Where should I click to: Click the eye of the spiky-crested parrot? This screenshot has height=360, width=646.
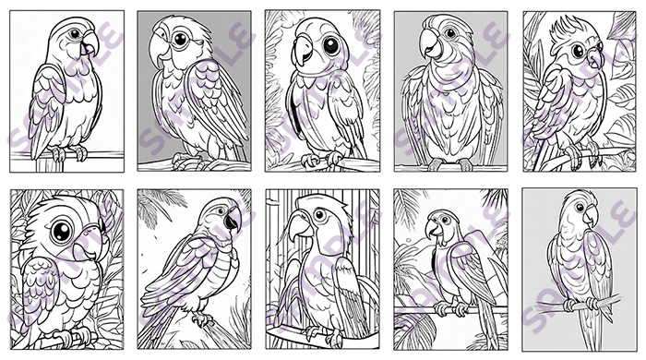(x=578, y=51)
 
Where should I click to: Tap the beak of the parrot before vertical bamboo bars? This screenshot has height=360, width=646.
(x=300, y=229)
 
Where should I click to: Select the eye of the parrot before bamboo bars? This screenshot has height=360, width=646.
(x=319, y=214)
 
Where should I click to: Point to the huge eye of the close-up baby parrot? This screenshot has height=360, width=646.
(x=62, y=231)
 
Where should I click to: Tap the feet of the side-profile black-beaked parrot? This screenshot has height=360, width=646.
(x=203, y=318)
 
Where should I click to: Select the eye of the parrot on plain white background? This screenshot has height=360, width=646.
(x=75, y=33)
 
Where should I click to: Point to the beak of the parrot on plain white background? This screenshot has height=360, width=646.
(x=90, y=43)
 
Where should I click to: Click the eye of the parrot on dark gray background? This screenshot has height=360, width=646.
(x=181, y=39)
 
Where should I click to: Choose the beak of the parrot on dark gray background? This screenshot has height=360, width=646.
(x=159, y=49)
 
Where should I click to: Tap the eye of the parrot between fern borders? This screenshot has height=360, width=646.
(x=331, y=45)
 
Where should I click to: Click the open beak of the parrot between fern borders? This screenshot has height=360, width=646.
(x=304, y=50)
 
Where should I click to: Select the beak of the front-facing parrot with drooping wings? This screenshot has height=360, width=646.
(x=431, y=43)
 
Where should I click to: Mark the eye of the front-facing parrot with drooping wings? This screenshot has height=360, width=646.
(x=450, y=32)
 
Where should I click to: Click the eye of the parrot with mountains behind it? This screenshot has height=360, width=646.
(x=445, y=220)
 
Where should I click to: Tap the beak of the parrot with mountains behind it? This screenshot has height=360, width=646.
(x=432, y=229)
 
